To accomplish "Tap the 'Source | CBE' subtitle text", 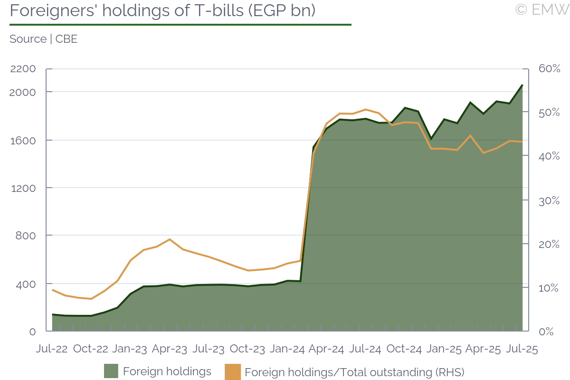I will point(43,39).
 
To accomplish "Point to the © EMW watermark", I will point(541,9).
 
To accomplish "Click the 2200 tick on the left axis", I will point(23,69).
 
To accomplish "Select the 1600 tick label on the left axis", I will point(23,140).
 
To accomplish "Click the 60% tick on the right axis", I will point(549,69).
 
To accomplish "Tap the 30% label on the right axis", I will point(549,200).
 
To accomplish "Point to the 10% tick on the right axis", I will point(549,288).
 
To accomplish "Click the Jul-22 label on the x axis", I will point(52,349).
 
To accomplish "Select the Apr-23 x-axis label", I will point(170,349).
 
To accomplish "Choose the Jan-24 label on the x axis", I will point(287,349).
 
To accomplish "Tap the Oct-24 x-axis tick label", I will point(404,349).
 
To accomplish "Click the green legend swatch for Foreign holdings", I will point(111,371).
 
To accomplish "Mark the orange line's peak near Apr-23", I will point(170,239).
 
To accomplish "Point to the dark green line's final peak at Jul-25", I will point(522,85).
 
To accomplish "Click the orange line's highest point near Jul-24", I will point(365,109).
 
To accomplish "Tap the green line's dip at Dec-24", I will point(431,139).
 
